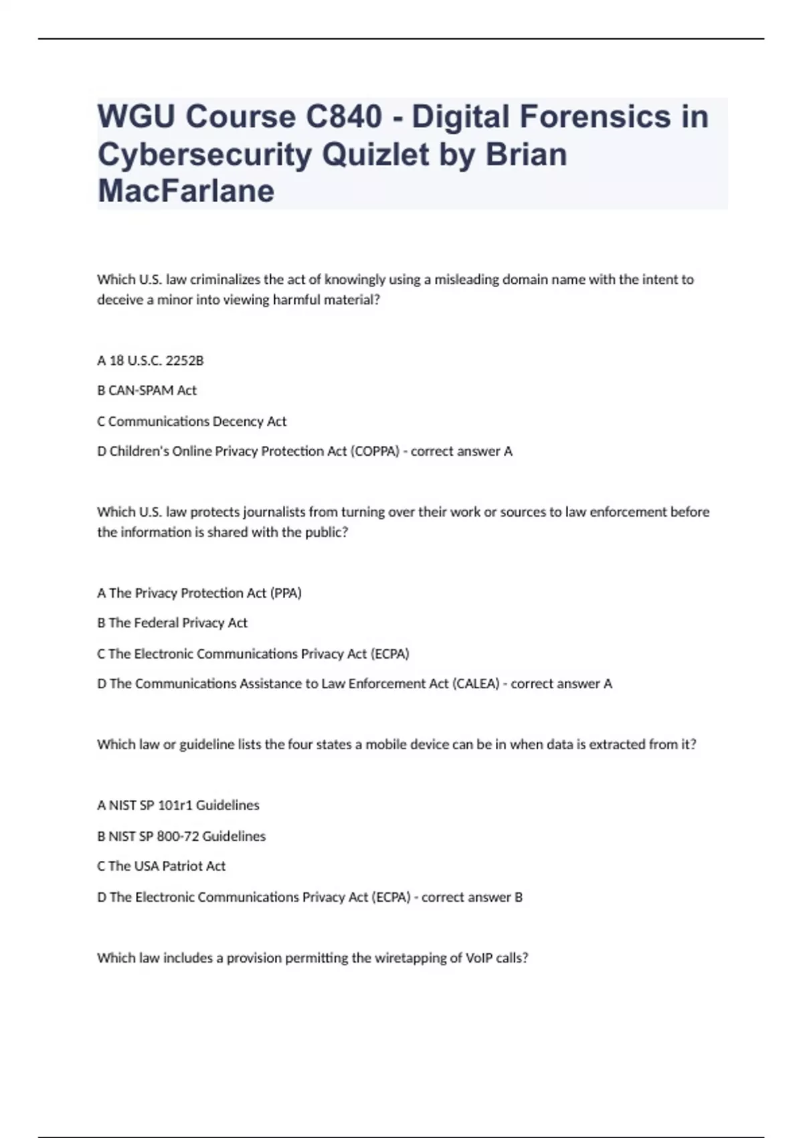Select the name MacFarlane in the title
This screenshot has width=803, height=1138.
pyautogui.click(x=186, y=191)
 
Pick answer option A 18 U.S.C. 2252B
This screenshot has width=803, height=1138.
pyautogui.click(x=151, y=361)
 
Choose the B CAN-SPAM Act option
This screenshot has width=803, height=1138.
pyautogui.click(x=147, y=390)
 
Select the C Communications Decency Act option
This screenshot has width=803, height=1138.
pyautogui.click(x=192, y=421)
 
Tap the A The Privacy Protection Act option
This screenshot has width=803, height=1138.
pyautogui.click(x=199, y=593)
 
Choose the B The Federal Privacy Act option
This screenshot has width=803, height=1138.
pyautogui.click(x=173, y=623)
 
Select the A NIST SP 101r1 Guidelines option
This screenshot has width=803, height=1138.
pyautogui.click(x=178, y=805)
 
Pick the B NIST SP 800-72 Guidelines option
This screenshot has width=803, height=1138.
pyautogui.click(x=181, y=836)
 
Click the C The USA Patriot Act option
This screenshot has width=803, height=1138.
pyautogui.click(x=161, y=866)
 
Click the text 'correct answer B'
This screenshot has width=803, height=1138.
pyautogui.click(x=472, y=897)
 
